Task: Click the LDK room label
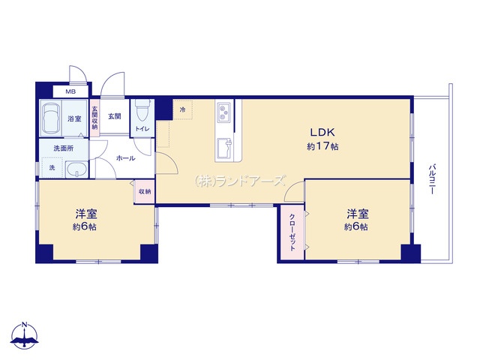(322, 132)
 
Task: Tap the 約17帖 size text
(322, 146)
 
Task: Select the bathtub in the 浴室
(50, 118)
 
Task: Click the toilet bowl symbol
(142, 111)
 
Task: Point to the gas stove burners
(224, 112)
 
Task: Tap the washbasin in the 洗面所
(76, 169)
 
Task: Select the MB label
(70, 91)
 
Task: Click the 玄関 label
(115, 116)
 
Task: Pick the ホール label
(125, 158)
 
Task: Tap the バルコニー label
(432, 179)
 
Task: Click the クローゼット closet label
(292, 232)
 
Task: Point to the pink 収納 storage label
(145, 192)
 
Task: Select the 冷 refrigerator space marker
(183, 109)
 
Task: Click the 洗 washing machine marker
(52, 168)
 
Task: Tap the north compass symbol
(25, 335)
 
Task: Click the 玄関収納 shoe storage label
(95, 117)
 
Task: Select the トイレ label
(142, 129)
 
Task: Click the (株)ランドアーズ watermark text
(240, 181)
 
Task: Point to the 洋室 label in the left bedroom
(86, 214)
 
